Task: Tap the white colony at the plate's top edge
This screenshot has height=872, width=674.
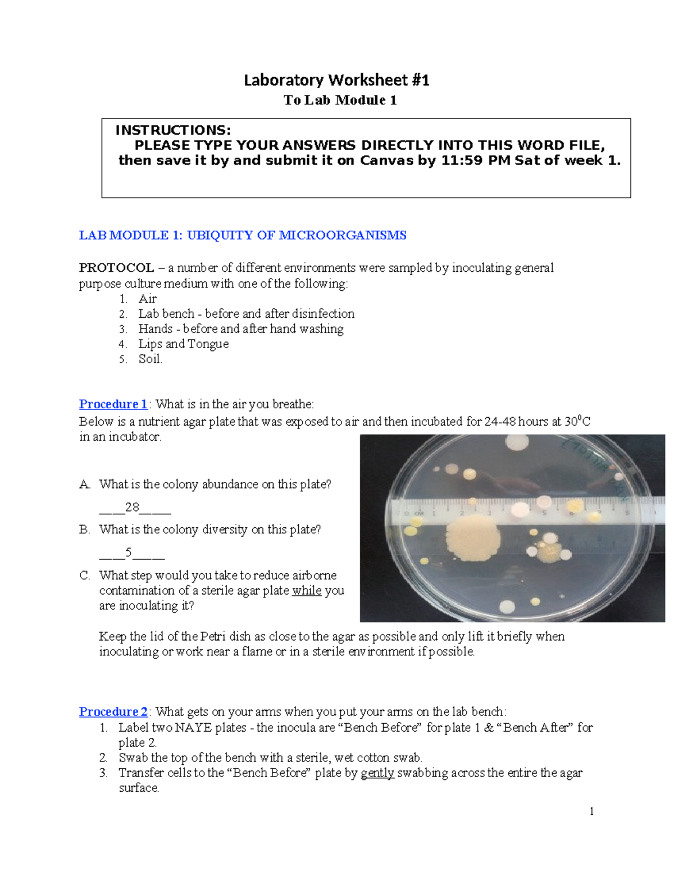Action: tap(517, 443)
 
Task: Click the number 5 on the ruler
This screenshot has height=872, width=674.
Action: tap(544, 513)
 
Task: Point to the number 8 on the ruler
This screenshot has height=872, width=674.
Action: tap(627, 512)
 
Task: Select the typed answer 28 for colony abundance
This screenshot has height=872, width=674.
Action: tap(133, 507)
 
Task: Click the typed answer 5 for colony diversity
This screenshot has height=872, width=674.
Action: tap(129, 553)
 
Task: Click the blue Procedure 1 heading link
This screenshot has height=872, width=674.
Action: tap(113, 404)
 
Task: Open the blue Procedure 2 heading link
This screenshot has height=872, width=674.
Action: tap(113, 712)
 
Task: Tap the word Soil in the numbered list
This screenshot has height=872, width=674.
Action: tap(150, 359)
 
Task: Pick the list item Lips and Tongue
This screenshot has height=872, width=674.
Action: tap(183, 344)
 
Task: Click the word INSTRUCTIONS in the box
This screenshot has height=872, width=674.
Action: tap(172, 130)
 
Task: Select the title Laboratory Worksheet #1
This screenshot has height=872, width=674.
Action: tap(336, 80)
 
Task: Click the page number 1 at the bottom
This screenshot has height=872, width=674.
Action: tap(591, 811)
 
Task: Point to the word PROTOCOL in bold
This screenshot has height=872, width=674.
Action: tap(116, 268)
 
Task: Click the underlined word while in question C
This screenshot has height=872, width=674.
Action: tap(307, 591)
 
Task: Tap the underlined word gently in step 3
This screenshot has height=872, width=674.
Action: tap(377, 773)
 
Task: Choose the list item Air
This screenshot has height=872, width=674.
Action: tap(148, 299)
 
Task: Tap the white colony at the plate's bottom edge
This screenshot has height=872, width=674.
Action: tap(508, 607)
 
